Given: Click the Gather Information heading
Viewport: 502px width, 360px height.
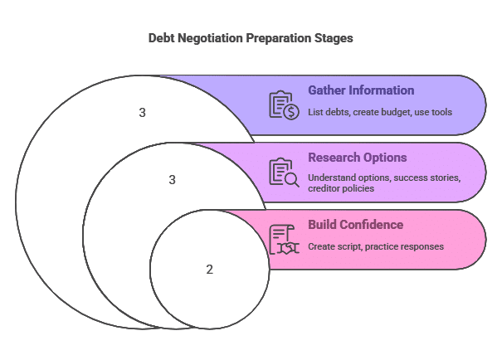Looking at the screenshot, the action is (361, 90).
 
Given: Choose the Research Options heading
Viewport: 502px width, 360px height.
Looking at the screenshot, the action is (358, 158).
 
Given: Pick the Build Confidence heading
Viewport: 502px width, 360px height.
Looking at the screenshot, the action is (355, 225).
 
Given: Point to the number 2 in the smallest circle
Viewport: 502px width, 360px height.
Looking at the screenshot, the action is (210, 270).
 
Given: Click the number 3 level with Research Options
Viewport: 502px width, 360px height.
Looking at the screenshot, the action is (173, 180).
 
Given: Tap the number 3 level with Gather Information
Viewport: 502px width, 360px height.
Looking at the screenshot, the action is (143, 113).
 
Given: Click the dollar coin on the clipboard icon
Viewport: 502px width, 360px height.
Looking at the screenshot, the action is (291, 112).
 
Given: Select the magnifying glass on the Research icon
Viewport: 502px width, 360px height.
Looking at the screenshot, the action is (292, 180).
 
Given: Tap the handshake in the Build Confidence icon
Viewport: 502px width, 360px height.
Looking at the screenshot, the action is (288, 248).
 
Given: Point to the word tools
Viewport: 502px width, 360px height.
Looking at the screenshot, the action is (441, 112).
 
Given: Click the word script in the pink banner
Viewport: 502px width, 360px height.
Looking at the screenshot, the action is (350, 247).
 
